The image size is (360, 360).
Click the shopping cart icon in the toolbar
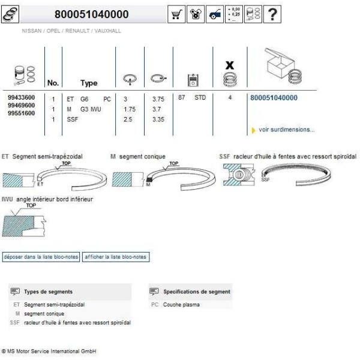178,14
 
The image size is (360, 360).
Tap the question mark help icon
273,14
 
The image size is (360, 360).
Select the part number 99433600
21,97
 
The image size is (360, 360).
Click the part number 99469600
21,106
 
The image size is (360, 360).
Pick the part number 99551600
21,114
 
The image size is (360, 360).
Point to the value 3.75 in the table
158,98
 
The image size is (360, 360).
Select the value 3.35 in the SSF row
158,119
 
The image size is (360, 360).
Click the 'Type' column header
89,83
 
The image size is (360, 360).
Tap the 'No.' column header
53,83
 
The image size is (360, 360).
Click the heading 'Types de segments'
48,292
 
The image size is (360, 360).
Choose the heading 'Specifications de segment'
196,292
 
